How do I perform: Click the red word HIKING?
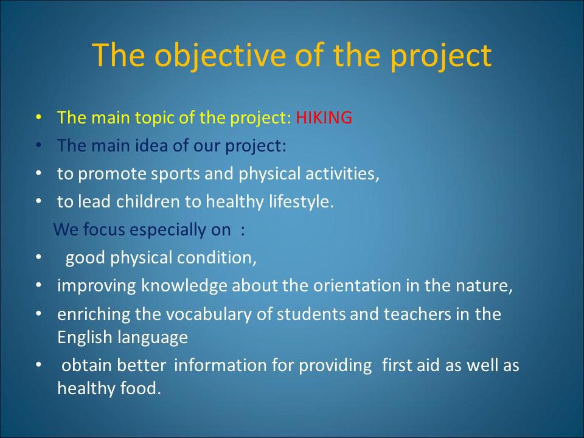pyautogui.click(x=324, y=117)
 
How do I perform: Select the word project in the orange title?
pyautogui.click(x=441, y=56)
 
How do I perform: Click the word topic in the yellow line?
pyautogui.click(x=154, y=118)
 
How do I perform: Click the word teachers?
pyautogui.click(x=417, y=314)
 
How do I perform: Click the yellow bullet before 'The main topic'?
pyautogui.click(x=39, y=117)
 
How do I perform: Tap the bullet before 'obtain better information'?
pyautogui.click(x=39, y=365)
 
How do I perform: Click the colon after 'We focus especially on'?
pyautogui.click(x=243, y=231)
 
